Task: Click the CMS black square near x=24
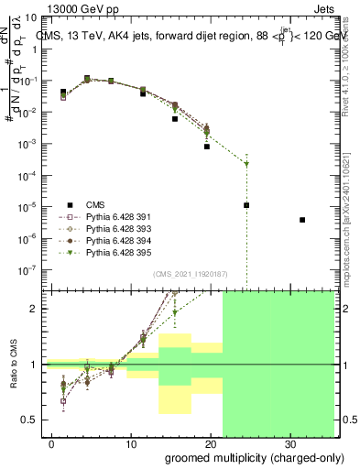click(x=246, y=205)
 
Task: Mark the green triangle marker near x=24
click(x=246, y=165)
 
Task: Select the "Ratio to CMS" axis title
click(x=12, y=365)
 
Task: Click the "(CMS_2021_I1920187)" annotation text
click(x=191, y=274)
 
